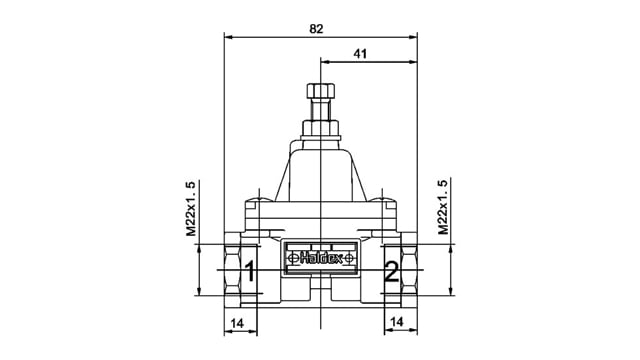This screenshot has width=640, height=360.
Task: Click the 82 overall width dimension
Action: tap(317, 29)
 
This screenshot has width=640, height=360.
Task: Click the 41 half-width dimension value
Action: tap(362, 53)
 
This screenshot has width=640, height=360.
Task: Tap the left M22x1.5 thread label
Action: tap(191, 209)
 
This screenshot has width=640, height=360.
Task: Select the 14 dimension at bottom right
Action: tap(397, 322)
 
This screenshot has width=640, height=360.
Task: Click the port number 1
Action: tap(250, 271)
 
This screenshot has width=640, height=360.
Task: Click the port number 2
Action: tap(391, 271)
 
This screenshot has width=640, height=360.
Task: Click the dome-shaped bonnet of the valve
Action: tap(319, 170)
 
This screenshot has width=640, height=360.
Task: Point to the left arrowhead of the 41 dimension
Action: tap(323, 62)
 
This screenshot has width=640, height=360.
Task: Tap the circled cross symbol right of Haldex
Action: tap(348, 258)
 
